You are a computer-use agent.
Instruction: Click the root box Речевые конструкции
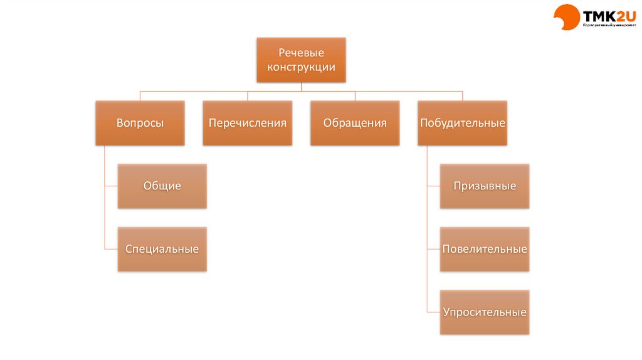(301, 60)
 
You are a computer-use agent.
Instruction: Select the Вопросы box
(140, 123)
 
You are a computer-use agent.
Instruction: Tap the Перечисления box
(248, 123)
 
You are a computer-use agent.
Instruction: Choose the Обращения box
(355, 123)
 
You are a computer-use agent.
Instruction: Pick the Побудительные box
(462, 123)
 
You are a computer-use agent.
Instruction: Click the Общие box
(162, 186)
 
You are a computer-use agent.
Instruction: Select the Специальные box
(162, 249)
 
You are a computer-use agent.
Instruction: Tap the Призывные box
(485, 186)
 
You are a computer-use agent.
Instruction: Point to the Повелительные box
(485, 249)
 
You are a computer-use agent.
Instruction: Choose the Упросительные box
(485, 312)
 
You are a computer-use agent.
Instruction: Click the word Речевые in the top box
(301, 53)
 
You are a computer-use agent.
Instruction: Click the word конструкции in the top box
(301, 67)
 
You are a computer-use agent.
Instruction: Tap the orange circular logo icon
(566, 17)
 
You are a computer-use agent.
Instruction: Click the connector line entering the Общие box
(111, 186)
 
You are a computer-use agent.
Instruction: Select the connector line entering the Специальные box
(111, 249)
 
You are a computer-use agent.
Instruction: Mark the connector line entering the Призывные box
(433, 186)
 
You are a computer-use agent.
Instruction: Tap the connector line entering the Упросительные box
(433, 312)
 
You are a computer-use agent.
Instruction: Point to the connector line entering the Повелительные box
(433, 249)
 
